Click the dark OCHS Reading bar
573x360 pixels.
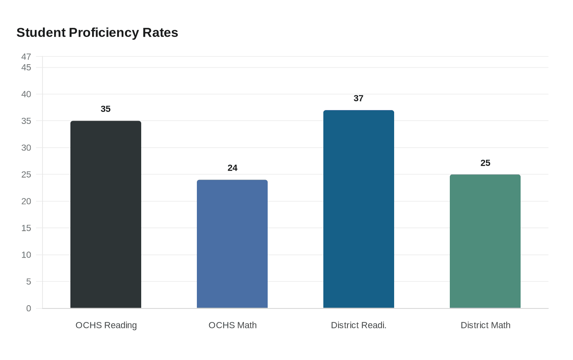tap(106, 214)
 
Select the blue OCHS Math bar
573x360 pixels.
tap(232, 244)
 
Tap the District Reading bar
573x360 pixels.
tap(359, 209)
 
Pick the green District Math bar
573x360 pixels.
tap(485, 241)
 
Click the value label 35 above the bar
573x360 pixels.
tap(106, 109)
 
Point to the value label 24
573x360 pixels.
tap(232, 168)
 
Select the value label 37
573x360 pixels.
tap(359, 98)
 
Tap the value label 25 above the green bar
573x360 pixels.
tap(485, 163)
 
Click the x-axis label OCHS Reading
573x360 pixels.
tap(106, 325)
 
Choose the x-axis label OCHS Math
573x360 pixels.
tap(232, 325)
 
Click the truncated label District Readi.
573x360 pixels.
tap(359, 325)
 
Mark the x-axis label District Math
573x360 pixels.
tap(485, 325)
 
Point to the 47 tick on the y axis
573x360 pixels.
tap(26, 56)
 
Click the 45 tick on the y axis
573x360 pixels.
tap(26, 67)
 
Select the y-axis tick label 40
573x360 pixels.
tap(26, 94)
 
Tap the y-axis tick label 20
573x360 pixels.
tap(26, 201)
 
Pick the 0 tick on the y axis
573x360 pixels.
tap(29, 308)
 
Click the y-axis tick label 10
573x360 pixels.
tap(26, 255)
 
